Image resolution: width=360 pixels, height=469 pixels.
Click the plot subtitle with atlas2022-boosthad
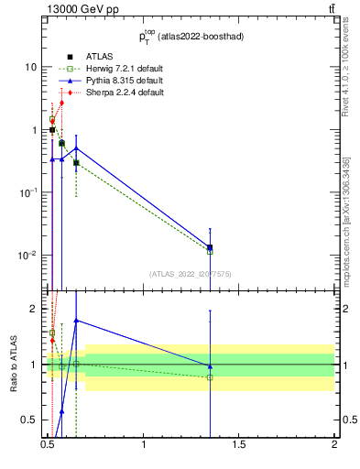191,37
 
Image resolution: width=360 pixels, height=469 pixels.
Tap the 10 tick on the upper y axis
32,68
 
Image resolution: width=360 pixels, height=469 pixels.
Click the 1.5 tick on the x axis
239,453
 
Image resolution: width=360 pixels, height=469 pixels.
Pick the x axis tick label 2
334,453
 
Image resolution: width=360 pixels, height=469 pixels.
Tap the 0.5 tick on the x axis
48,453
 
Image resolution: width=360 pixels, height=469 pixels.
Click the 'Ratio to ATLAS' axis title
14,365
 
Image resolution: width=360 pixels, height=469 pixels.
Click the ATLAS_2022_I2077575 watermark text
191,274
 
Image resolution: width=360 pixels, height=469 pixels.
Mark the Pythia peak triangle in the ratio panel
76,321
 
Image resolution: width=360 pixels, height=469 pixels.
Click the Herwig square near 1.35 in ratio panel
210,377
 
